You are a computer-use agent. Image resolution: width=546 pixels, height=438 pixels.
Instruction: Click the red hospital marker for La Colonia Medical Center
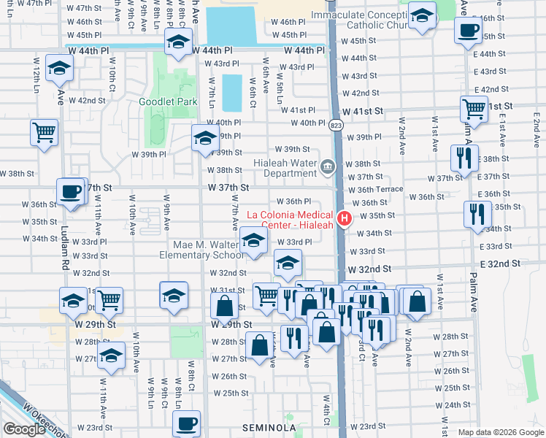(345, 218)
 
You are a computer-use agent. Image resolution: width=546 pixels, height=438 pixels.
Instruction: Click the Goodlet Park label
(168, 102)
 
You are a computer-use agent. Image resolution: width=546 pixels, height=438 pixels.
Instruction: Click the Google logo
(23, 429)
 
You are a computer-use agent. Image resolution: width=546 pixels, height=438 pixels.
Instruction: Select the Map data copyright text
(500, 432)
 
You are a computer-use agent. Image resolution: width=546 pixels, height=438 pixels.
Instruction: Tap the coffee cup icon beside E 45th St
(467, 31)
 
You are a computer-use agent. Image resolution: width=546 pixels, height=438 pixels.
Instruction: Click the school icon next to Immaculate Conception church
(421, 15)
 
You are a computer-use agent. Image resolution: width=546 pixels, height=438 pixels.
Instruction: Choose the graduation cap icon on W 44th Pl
(178, 43)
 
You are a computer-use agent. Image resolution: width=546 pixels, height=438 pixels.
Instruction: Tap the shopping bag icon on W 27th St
(259, 345)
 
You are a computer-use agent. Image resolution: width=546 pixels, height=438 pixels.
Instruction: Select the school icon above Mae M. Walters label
(253, 242)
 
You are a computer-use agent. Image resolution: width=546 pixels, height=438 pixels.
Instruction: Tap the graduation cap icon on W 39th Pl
(205, 137)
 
